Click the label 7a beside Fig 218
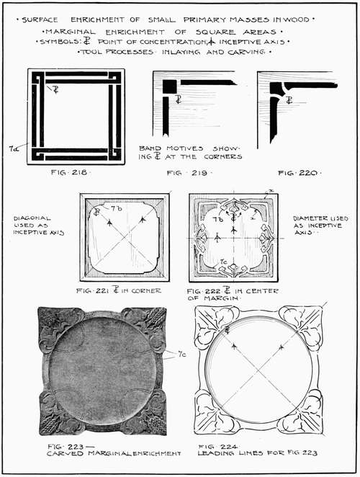(14, 148)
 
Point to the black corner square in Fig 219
(169, 86)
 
